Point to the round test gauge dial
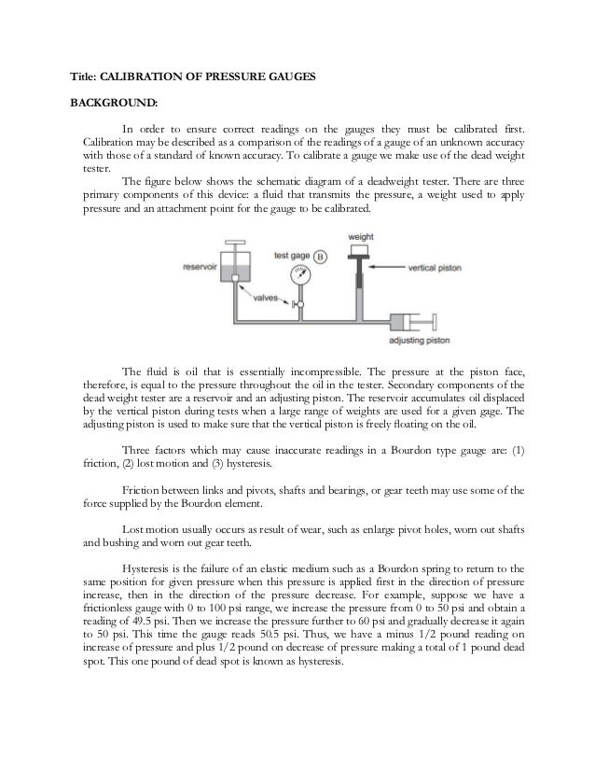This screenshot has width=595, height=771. pyautogui.click(x=300, y=277)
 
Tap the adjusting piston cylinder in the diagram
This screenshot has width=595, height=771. pyautogui.click(x=413, y=320)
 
